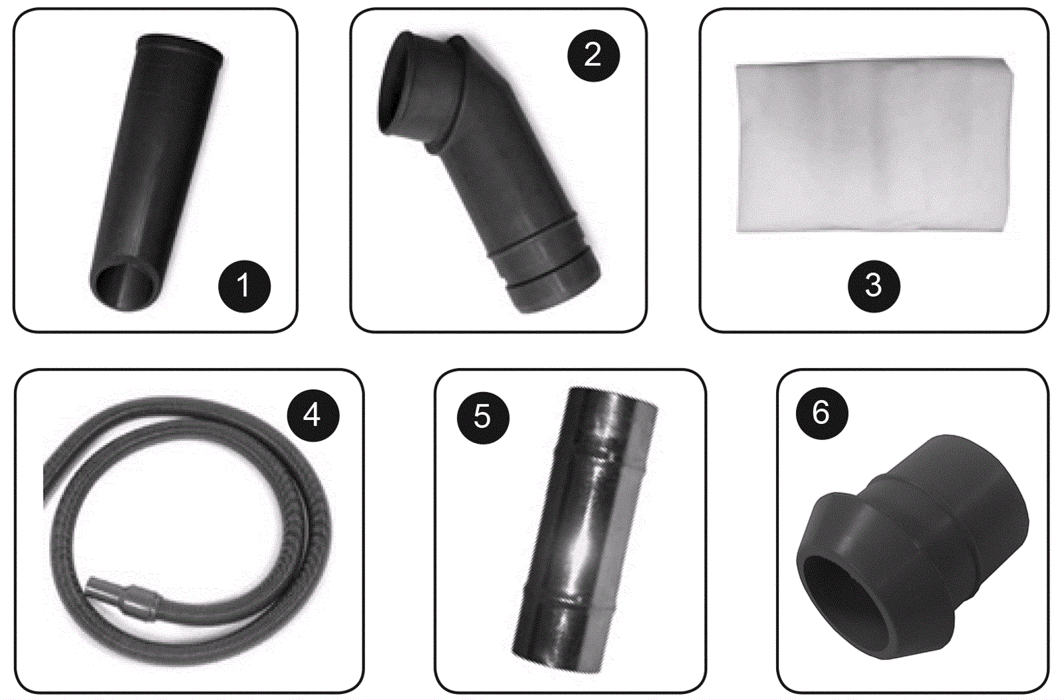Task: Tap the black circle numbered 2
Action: [x=593, y=56]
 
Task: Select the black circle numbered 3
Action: [x=874, y=285]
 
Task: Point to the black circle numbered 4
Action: [x=313, y=415]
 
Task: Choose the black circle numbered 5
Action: [x=483, y=417]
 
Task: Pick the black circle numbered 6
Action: [x=821, y=413]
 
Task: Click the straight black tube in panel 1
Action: [x=157, y=171]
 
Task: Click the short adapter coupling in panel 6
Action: [x=912, y=546]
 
